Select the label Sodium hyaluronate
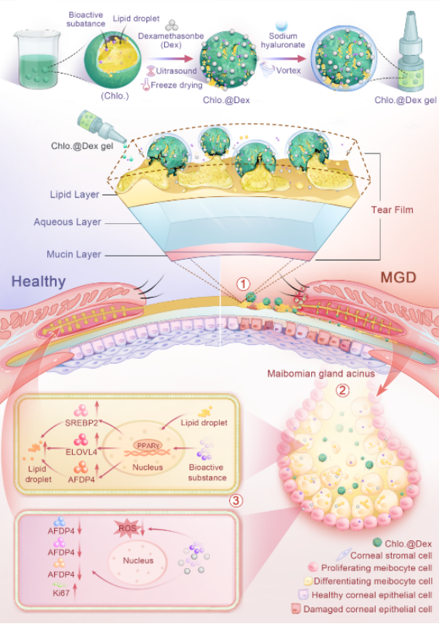(283, 40)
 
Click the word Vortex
(288, 71)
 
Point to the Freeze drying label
(177, 84)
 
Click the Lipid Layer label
(74, 195)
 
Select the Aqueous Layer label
(67, 222)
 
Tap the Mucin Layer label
(74, 254)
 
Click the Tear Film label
(392, 210)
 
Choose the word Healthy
(38, 281)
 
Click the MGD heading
(398, 277)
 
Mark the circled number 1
(243, 284)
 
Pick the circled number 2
(342, 391)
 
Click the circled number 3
(236, 500)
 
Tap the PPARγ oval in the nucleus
(148, 446)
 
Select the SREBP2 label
(81, 422)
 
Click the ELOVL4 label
(81, 452)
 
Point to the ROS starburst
(128, 528)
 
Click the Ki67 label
(61, 592)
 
